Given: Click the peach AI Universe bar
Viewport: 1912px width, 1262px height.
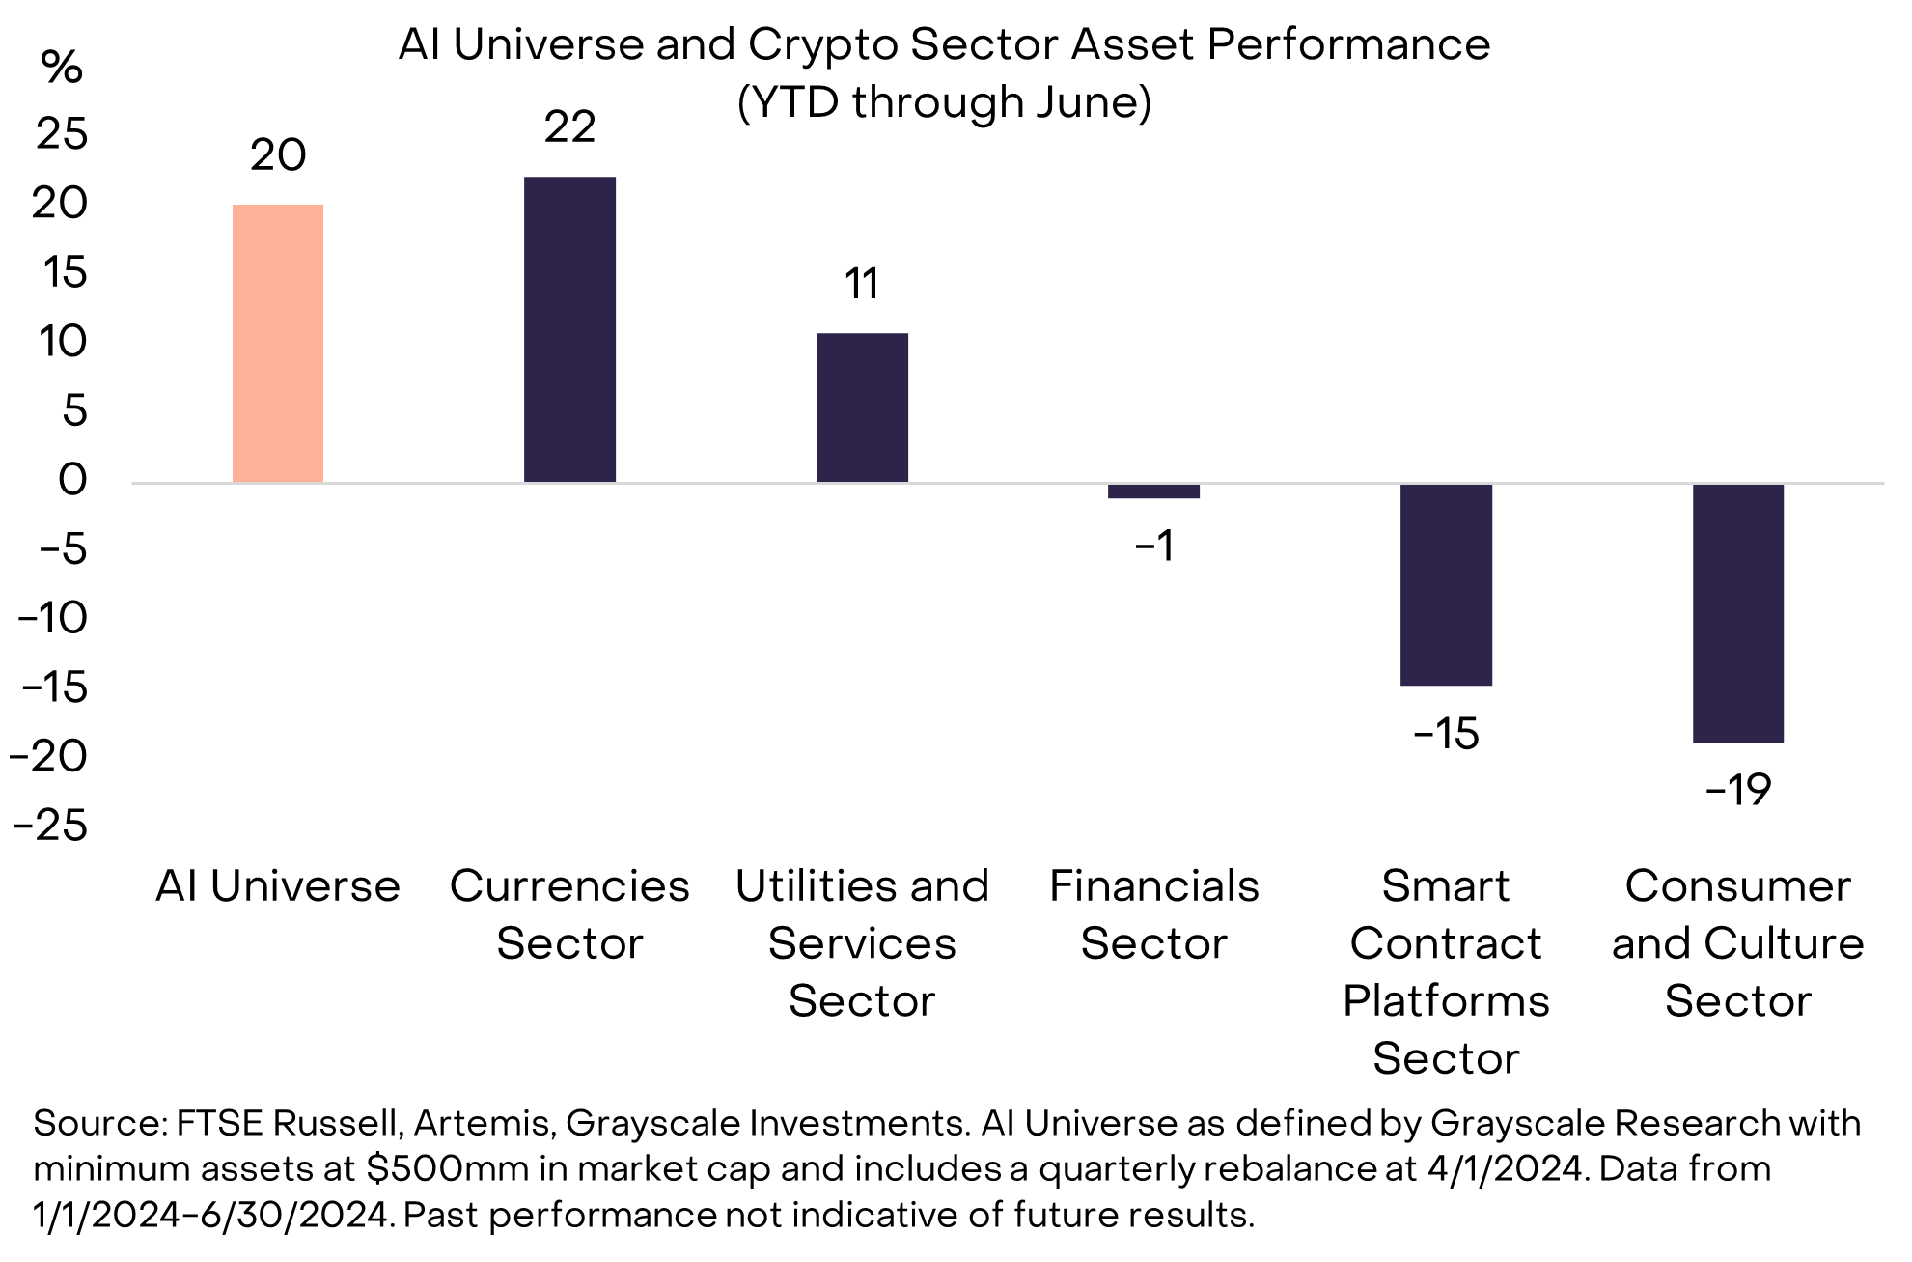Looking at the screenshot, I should (278, 343).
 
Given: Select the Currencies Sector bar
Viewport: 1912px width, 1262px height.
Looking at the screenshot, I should (569, 329).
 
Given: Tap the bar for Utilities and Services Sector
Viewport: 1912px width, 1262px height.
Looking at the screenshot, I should (862, 407).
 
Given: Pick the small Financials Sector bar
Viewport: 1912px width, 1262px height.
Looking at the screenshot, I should (1153, 491).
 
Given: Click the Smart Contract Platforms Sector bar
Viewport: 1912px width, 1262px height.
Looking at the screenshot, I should (1446, 584).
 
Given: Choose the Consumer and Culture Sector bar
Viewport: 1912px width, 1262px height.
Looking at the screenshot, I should (1737, 612).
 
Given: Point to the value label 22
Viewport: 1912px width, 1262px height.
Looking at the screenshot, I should (569, 127).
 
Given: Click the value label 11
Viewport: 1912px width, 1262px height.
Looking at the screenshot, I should (862, 285).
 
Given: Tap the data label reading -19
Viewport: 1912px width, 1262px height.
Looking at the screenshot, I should (1737, 791).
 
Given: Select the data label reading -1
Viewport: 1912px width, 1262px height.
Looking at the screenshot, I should (1154, 547).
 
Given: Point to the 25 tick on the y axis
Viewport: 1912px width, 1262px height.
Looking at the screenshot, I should (62, 134).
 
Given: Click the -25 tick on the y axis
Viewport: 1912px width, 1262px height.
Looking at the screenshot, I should (50, 826).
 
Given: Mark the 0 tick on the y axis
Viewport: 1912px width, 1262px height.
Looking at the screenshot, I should (72, 480).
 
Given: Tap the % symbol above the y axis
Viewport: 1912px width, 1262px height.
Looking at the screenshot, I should (62, 68).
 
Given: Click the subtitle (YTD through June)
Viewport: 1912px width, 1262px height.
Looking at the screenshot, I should (944, 102).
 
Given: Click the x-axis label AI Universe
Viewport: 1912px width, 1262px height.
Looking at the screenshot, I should (278, 886).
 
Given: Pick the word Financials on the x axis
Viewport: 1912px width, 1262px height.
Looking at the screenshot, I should (1153, 886).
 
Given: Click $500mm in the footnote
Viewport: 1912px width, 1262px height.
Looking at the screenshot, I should (447, 1169).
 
